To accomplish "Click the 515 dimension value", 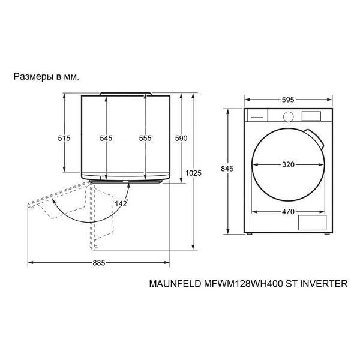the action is (x=64, y=138).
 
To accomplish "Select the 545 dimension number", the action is (x=106, y=138).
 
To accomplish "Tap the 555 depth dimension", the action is (x=145, y=138).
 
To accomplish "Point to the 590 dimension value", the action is (x=181, y=138).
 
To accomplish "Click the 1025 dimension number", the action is (x=193, y=173).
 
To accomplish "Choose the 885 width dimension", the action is (x=99, y=263).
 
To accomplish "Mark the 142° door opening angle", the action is (x=121, y=203).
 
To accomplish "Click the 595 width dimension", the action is (x=288, y=100).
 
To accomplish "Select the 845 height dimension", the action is (x=227, y=169).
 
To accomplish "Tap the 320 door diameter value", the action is (x=288, y=164).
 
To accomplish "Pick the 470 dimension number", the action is (x=288, y=211).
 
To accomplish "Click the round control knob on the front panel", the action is (x=289, y=116).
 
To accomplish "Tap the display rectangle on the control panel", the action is (x=311, y=116).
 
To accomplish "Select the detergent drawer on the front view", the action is (x=257, y=115).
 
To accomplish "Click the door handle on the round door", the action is (x=314, y=138).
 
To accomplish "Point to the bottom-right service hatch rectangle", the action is (x=312, y=223).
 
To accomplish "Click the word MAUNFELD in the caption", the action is (x=175, y=284).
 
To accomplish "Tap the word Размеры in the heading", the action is (x=33, y=77).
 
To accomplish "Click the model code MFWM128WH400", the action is (x=243, y=284).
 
